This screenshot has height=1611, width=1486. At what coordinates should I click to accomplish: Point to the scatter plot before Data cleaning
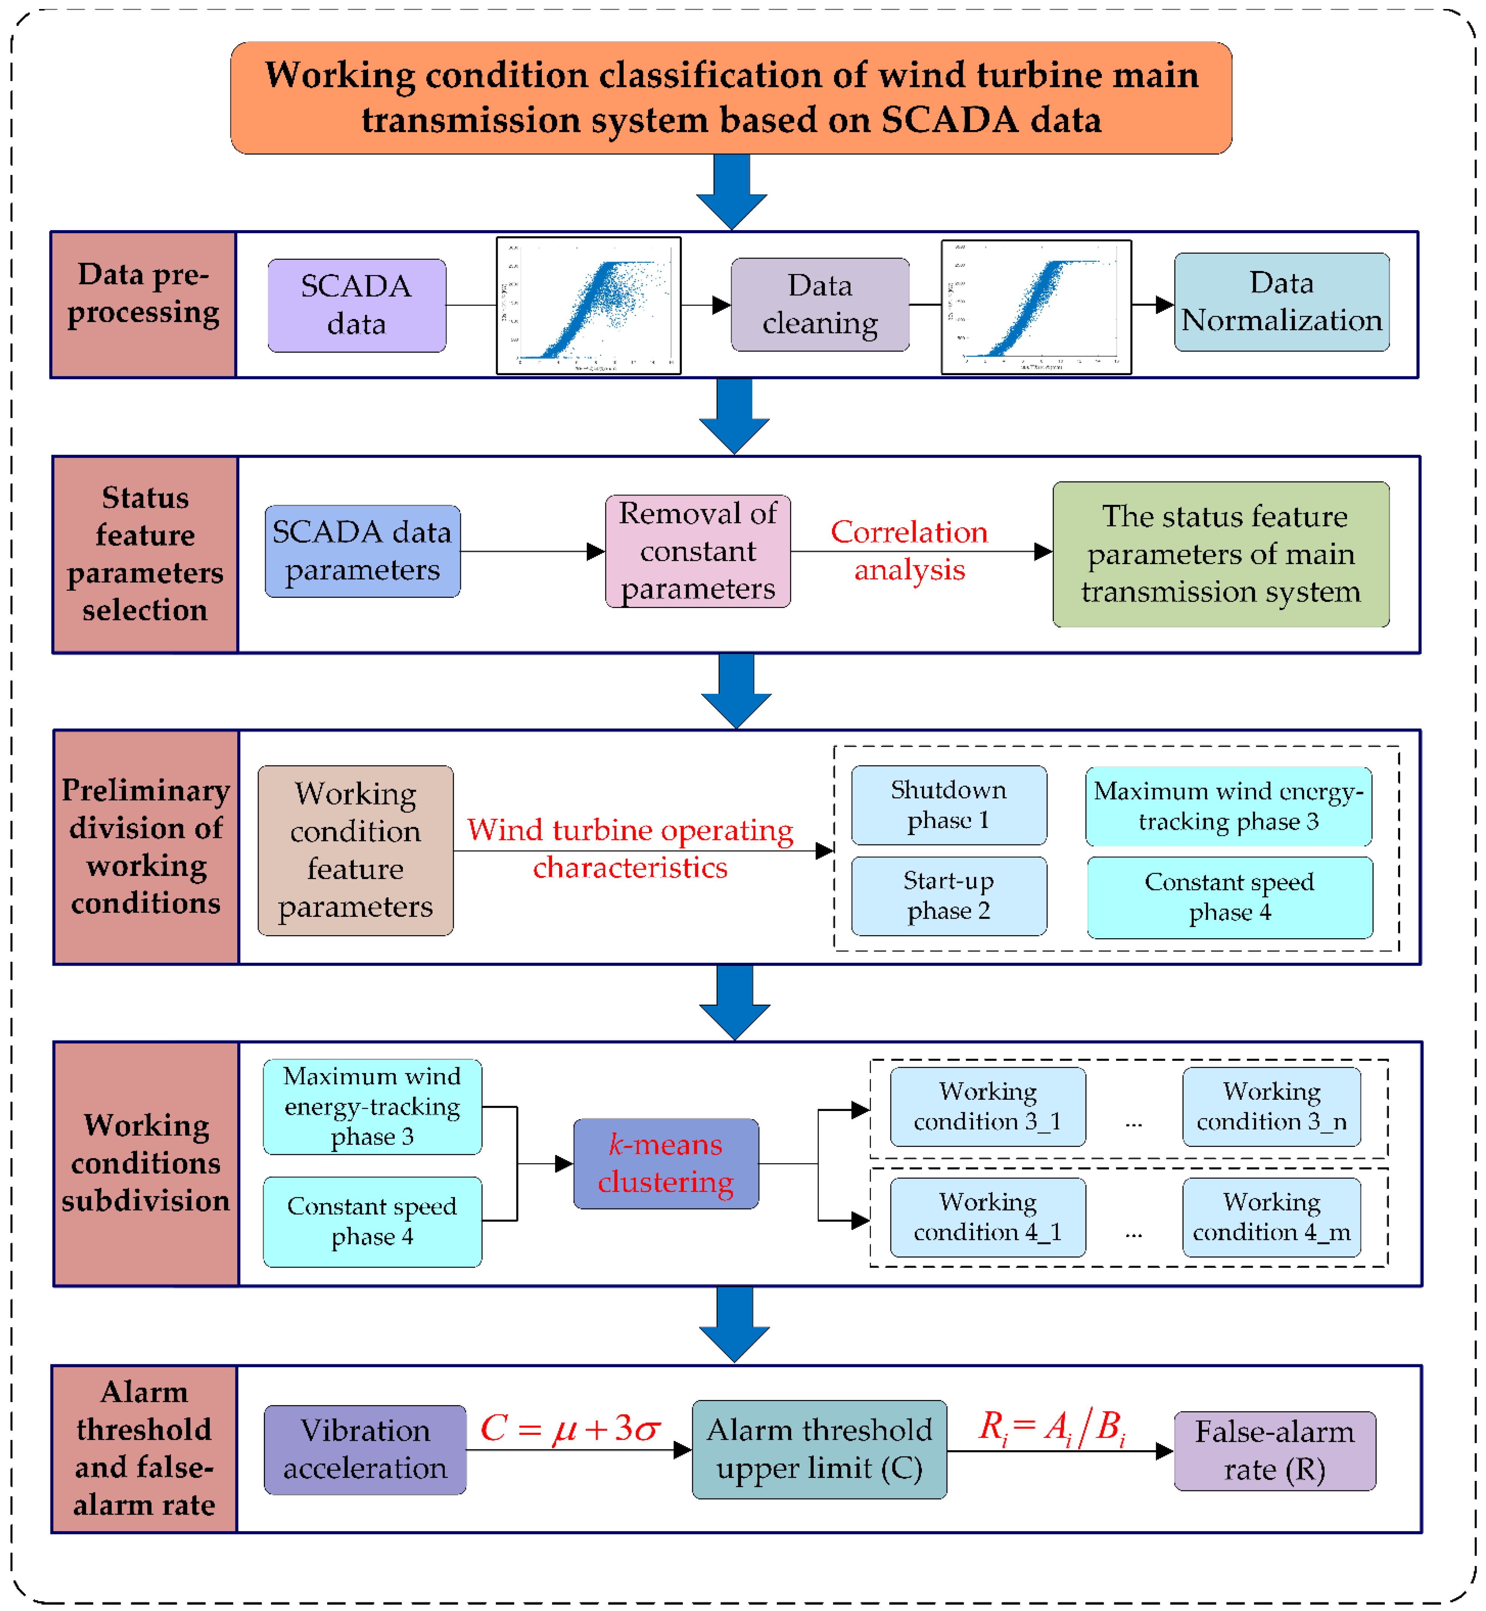pyautogui.click(x=589, y=305)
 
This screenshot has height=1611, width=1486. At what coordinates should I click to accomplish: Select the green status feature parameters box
pyautogui.click(x=1221, y=554)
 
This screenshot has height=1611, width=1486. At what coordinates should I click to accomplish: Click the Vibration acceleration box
pyautogui.click(x=365, y=1449)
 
